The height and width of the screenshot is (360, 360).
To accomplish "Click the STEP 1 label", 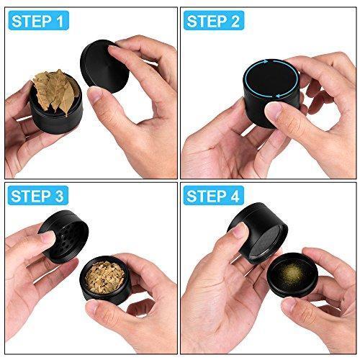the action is point(38,21).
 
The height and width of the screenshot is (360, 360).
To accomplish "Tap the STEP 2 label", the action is point(214,21).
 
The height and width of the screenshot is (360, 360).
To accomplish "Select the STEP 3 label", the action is point(38,196).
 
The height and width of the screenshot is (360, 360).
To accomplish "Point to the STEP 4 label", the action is point(214,196).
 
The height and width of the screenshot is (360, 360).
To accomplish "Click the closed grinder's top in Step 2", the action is point(271,79).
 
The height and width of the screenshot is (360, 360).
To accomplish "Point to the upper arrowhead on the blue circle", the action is point(266,61).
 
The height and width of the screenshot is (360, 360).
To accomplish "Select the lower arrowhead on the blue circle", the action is point(279,96).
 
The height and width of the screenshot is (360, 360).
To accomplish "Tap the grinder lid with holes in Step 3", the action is point(63,236).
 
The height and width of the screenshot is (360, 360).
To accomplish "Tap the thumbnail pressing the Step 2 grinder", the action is point(274,110).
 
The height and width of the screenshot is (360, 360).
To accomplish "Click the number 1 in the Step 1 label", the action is point(60,21).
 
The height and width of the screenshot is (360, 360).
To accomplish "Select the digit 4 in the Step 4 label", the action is point(235,196).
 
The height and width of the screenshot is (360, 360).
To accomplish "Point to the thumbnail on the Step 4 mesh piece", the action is point(240,230).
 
